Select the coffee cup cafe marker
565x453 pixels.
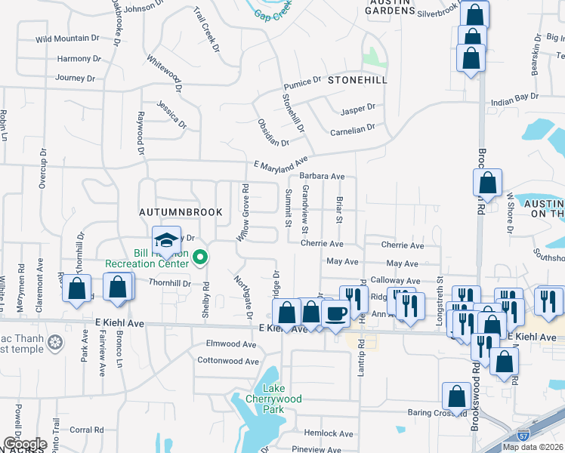(335, 313)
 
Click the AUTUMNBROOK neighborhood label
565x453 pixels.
(180, 212)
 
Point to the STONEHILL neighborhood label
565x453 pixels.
(357, 80)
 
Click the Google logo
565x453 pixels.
(24, 444)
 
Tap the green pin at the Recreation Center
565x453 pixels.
(200, 258)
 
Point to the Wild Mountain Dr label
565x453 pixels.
(67, 38)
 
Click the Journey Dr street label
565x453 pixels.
(75, 78)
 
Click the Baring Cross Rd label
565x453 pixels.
(437, 413)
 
